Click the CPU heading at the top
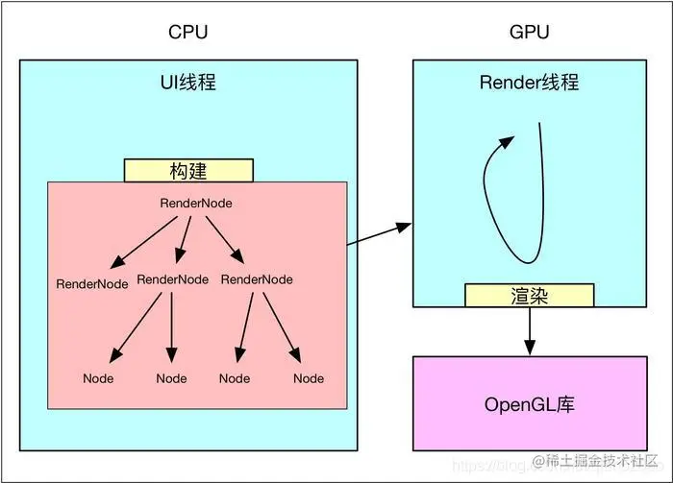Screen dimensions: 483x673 click(187, 32)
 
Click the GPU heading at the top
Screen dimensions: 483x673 click(529, 32)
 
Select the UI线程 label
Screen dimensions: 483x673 click(187, 82)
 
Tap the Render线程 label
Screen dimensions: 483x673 click(529, 82)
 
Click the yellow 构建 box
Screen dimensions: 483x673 click(188, 171)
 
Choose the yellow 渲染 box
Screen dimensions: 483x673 click(529, 296)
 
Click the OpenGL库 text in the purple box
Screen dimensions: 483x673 click(529, 403)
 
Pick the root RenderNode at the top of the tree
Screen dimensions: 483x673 click(195, 204)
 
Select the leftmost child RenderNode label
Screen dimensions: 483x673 click(92, 284)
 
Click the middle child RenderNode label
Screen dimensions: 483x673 click(173, 279)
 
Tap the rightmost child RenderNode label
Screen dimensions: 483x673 click(257, 279)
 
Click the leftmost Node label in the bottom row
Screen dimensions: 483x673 click(98, 378)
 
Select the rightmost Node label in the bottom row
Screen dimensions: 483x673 click(309, 378)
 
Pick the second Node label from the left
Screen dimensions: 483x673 click(172, 378)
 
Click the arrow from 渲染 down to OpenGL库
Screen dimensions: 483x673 click(529, 331)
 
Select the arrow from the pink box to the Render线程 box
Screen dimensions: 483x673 click(379, 235)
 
